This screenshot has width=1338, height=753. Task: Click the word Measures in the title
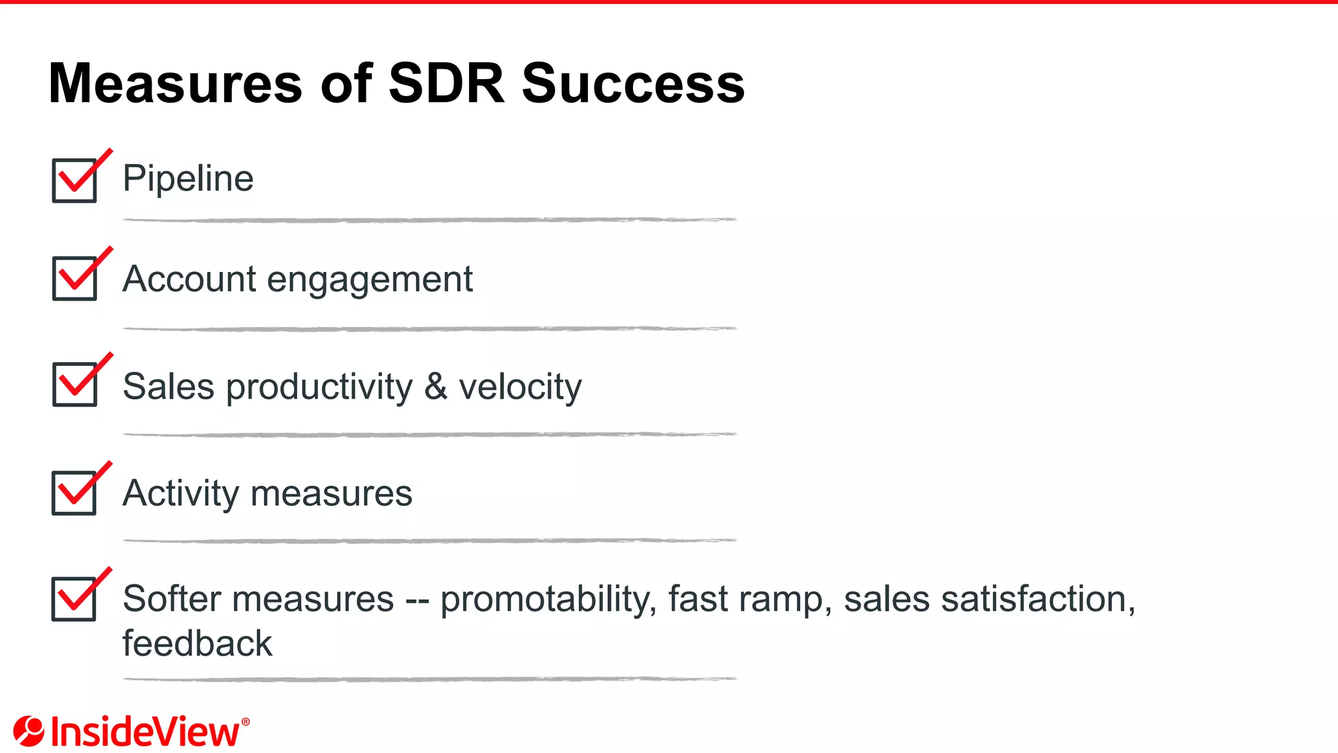tap(175, 84)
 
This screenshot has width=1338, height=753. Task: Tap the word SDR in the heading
tap(447, 84)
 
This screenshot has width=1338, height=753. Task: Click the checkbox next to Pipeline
tap(74, 180)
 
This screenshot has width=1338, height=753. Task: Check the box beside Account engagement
tap(74, 278)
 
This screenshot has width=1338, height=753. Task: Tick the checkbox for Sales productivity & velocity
tap(74, 384)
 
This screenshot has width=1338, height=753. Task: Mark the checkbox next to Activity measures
tap(74, 493)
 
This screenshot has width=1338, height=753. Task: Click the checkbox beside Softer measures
tap(74, 599)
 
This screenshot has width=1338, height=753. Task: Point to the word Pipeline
tap(188, 178)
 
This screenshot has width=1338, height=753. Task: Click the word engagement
tap(370, 280)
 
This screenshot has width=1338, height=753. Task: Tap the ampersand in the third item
tap(436, 386)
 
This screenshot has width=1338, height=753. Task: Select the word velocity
tap(520, 386)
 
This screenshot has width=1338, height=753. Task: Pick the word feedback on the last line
tap(197, 643)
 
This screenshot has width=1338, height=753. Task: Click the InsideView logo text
tap(145, 732)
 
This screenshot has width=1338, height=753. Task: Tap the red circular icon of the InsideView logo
tap(29, 731)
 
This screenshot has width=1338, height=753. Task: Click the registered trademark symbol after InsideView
tap(246, 722)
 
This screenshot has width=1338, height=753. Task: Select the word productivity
tap(319, 387)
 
